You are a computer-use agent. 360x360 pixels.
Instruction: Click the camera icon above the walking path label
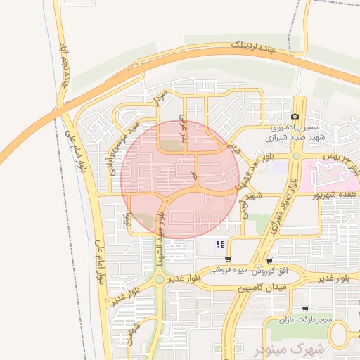(x=295, y=116)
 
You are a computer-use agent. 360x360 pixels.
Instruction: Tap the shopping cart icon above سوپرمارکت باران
(x=305, y=309)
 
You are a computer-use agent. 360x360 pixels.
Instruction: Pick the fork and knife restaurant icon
(x=220, y=244)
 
